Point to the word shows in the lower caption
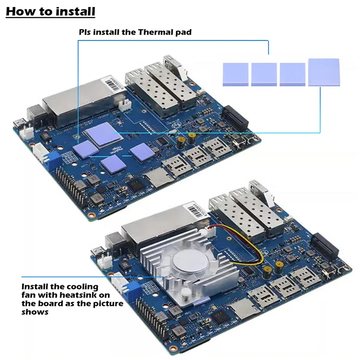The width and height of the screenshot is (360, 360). coord(35,312)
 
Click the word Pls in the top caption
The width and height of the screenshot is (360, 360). coord(85,32)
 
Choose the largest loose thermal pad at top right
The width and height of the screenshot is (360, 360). coord(324,72)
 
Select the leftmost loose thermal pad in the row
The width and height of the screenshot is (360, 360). coord(235,74)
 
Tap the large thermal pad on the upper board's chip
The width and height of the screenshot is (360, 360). coord(103,134)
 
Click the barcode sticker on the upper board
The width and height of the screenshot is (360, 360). coord(112,83)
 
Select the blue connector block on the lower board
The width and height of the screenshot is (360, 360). coord(131,288)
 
